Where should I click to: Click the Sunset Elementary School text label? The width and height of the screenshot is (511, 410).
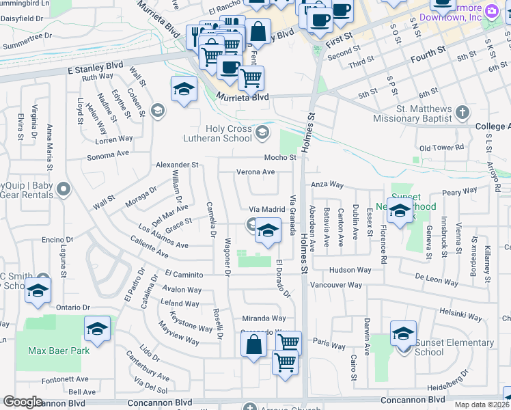tap(454, 347)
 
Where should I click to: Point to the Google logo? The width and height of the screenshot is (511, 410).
tap(23, 402)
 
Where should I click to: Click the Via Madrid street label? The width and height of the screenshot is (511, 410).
tap(266, 209)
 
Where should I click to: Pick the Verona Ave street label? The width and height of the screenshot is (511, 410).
tap(255, 172)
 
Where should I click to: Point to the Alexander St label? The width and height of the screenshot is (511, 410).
tap(177, 165)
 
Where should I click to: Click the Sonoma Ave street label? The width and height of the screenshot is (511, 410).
tap(108, 156)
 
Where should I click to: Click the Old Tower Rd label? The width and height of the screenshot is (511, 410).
tap(441, 147)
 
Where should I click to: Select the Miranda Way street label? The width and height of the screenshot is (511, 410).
tap(264, 318)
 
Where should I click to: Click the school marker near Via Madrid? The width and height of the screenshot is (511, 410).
tap(268, 232)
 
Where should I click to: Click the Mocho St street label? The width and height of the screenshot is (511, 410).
tap(281, 157)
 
